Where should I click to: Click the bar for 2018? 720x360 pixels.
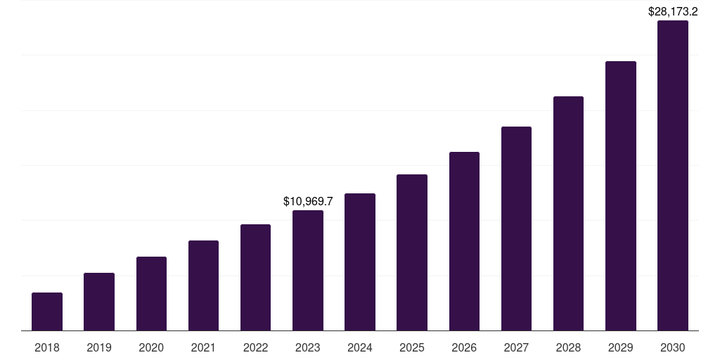[47, 311]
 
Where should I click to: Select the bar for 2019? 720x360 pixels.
[99, 302]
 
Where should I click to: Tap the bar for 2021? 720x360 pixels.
[203, 285]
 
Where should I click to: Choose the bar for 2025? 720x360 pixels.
[412, 252]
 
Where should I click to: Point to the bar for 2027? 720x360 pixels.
[516, 229]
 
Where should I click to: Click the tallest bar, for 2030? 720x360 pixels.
[673, 175]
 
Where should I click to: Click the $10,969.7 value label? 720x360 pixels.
[308, 201]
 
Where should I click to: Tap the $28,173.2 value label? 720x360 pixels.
[673, 11]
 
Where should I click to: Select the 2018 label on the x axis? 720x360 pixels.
[47, 347]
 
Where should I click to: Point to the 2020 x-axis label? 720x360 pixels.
[151, 347]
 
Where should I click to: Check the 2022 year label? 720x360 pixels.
[255, 347]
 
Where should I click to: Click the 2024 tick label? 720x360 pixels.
[360, 347]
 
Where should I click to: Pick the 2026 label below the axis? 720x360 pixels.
[464, 347]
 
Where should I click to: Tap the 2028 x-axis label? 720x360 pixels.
[568, 347]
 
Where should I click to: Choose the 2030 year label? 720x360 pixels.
[673, 347]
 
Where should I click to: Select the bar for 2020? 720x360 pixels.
[151, 293]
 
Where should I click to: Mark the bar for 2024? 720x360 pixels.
[360, 262]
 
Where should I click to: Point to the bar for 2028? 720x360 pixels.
[568, 213]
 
